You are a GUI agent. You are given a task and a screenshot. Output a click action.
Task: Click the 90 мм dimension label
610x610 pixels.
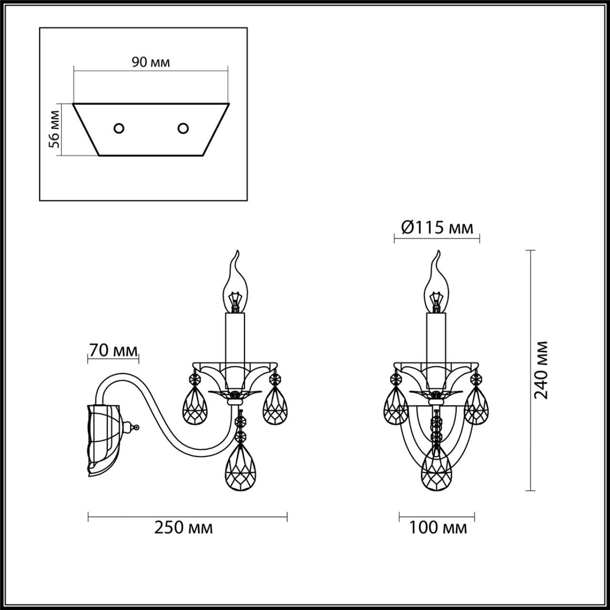click(151, 63)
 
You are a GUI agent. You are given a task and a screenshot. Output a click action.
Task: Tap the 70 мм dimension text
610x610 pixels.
click(112, 351)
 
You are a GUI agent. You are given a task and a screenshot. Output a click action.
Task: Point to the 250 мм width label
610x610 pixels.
click(183, 528)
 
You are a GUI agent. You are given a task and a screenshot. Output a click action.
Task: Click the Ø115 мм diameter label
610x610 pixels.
click(437, 228)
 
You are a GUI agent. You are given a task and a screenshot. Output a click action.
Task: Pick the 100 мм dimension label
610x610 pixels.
click(437, 528)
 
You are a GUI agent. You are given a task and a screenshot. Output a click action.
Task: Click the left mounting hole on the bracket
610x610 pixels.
click(119, 128)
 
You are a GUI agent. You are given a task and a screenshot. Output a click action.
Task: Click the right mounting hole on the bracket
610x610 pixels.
click(183, 128)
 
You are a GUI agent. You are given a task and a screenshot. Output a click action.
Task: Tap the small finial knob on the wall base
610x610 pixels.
click(137, 427)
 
